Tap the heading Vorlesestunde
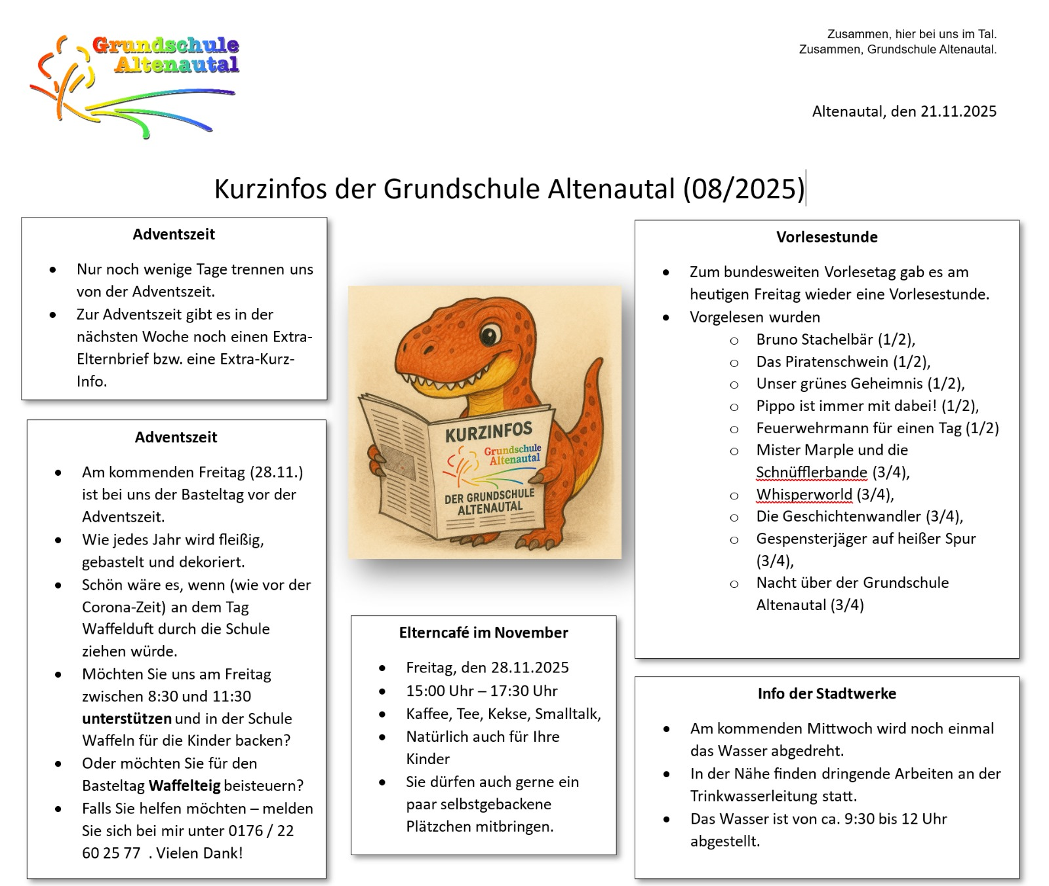click(827, 237)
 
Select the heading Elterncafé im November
click(483, 633)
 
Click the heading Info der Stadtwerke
click(827, 694)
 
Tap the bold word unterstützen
click(127, 719)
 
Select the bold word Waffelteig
click(184, 786)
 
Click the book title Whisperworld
click(804, 495)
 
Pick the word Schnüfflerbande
click(811, 472)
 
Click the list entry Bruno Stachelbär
click(814, 339)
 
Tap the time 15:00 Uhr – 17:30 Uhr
click(481, 691)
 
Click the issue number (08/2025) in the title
click(743, 189)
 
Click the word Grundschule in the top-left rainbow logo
click(165, 46)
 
